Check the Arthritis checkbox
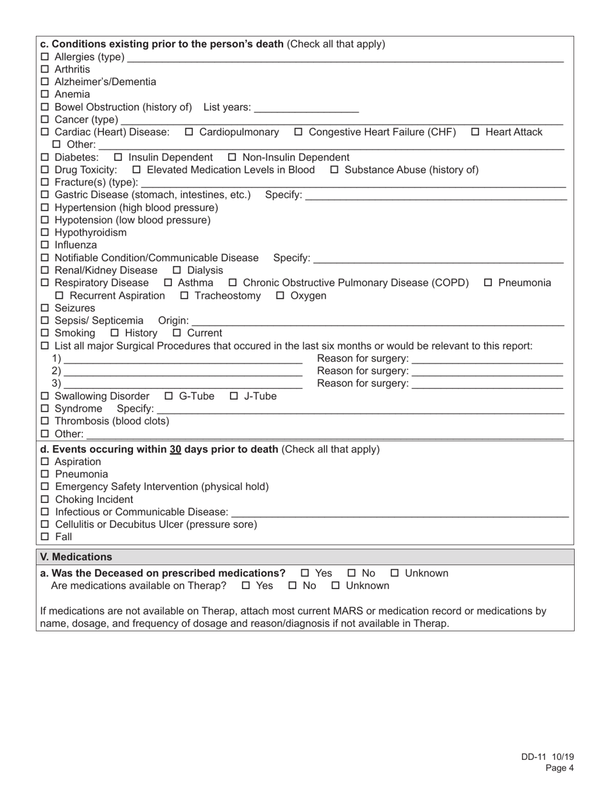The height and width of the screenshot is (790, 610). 45,69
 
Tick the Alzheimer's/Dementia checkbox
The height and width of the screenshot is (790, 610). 45,82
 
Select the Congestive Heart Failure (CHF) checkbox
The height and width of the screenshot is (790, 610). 299,132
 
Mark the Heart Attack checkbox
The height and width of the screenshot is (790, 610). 475,132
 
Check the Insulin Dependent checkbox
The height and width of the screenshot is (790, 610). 118,157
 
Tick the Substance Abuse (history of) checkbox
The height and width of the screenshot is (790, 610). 335,170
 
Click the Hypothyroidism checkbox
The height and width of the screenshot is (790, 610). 45,233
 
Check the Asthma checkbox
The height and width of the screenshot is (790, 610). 168,283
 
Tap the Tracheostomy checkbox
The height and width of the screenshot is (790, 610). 185,296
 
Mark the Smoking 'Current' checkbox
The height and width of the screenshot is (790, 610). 177,333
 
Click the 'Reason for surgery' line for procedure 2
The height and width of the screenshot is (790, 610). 487,371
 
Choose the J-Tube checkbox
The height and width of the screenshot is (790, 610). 234,396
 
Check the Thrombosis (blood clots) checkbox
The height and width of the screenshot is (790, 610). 45,421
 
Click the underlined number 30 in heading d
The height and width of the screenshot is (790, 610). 175,449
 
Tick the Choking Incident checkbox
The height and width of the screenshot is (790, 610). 45,500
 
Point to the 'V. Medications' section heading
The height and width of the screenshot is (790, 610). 76,557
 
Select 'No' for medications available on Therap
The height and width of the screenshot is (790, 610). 293,586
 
